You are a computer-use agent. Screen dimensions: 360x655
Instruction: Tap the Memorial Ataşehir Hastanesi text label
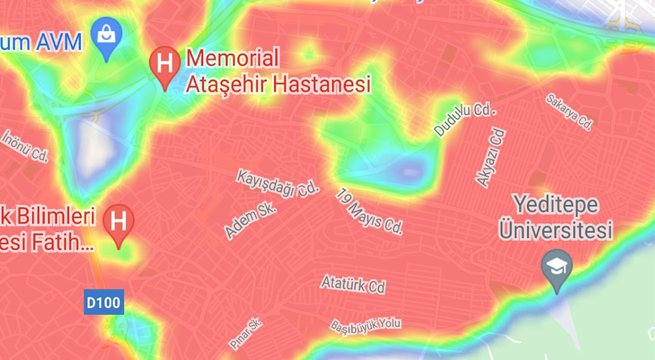[x=278, y=71]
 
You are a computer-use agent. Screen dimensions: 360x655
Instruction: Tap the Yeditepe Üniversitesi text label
[x=555, y=217]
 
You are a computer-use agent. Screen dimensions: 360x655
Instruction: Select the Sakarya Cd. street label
[x=569, y=111]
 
